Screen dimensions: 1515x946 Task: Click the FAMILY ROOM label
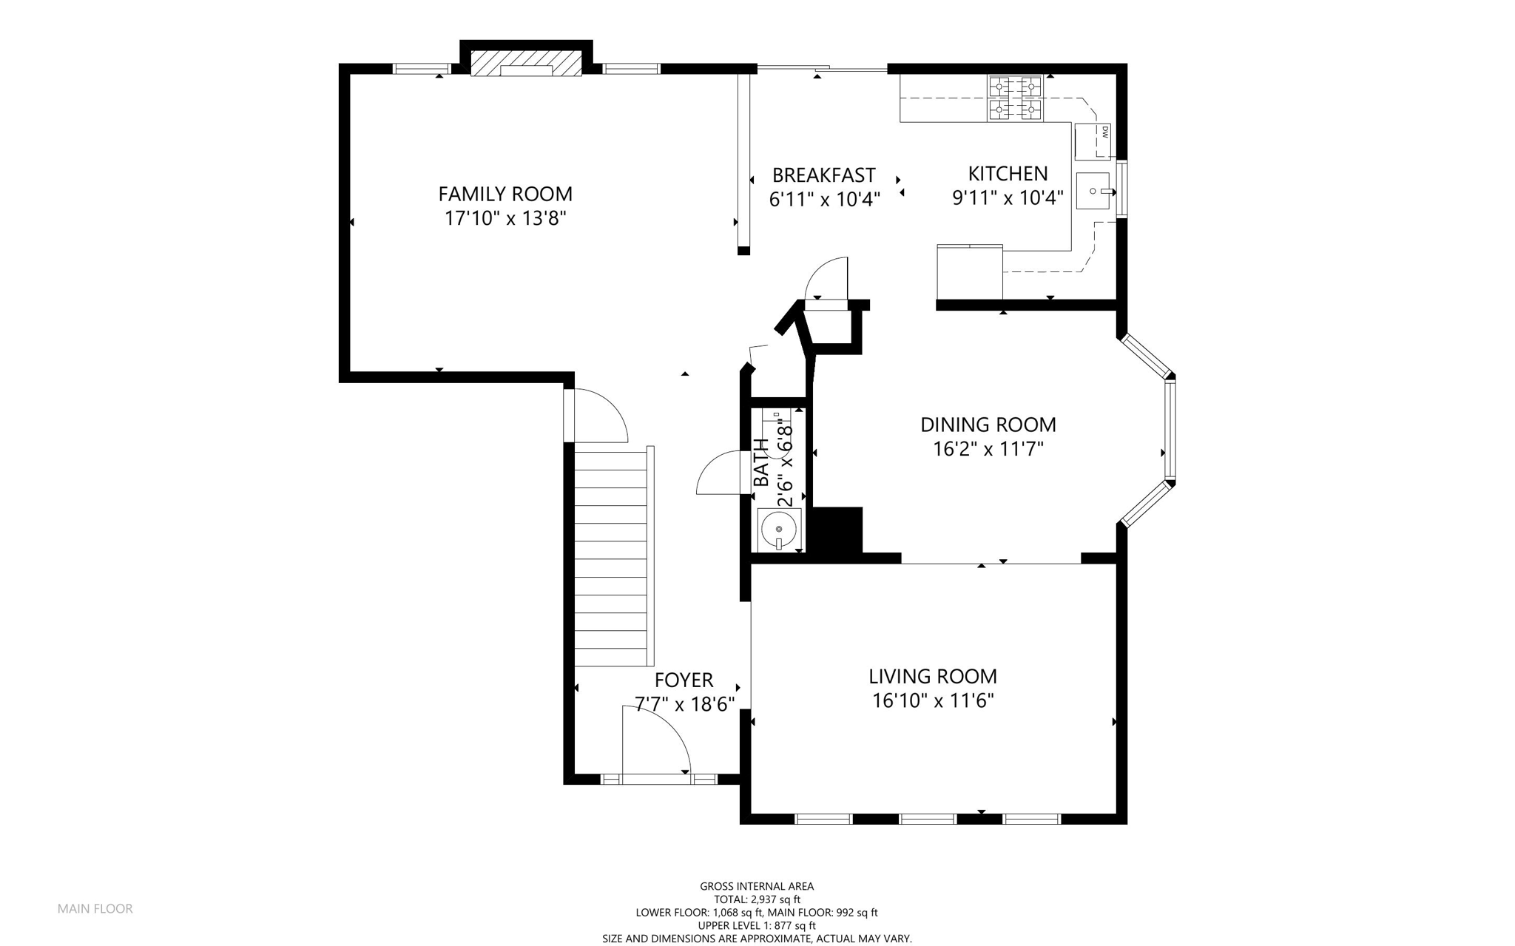(x=505, y=194)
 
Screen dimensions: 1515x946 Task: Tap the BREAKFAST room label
(x=824, y=175)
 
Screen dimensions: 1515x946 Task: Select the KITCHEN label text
(x=1008, y=174)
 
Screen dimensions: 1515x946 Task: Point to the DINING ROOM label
(x=988, y=425)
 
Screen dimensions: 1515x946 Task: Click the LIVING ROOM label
(x=933, y=677)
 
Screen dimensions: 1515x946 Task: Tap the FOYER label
(x=684, y=680)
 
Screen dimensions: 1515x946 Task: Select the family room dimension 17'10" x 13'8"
(x=505, y=218)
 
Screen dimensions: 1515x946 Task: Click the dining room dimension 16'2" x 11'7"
(x=988, y=449)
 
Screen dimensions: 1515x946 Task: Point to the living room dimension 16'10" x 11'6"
(x=933, y=700)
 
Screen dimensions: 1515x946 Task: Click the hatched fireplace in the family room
(x=526, y=63)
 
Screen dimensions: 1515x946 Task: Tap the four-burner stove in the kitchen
(x=1015, y=98)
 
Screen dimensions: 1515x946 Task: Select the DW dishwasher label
(x=1104, y=132)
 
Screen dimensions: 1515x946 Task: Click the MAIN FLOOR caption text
(x=95, y=909)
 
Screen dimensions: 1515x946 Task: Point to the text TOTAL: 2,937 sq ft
(x=757, y=899)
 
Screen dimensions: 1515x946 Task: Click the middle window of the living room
(x=928, y=819)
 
